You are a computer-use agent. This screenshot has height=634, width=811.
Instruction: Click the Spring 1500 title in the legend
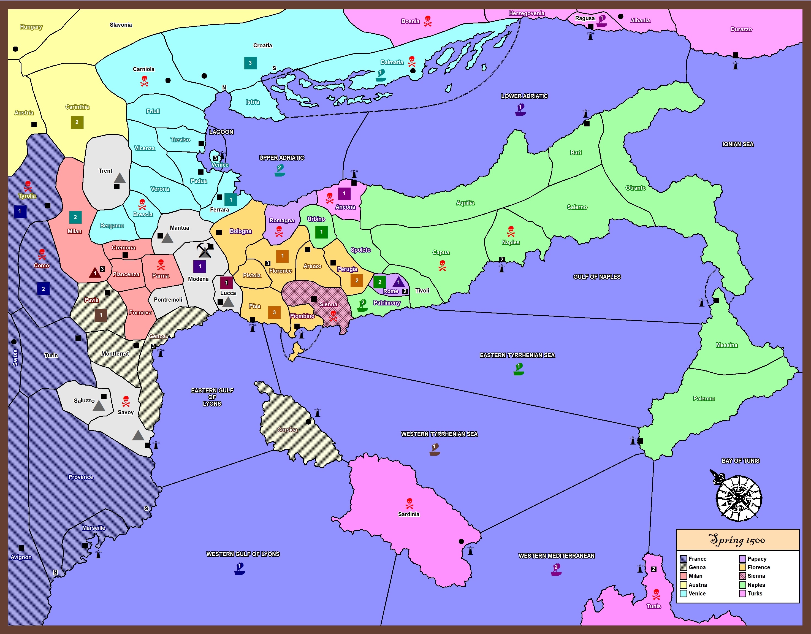coord(737,540)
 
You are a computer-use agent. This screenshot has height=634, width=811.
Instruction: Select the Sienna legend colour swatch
coord(742,576)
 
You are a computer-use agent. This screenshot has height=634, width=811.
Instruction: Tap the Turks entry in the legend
coord(755,594)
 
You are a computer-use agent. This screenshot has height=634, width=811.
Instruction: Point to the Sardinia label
coord(408,514)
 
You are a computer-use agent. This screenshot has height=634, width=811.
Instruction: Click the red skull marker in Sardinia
coord(409,503)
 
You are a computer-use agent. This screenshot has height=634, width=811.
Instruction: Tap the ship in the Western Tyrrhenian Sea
coord(435,449)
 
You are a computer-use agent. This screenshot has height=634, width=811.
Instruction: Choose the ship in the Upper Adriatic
coord(280,170)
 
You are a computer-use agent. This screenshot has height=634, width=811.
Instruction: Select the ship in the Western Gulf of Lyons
coord(240,569)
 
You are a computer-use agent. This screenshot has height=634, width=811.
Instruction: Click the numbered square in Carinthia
coord(77,122)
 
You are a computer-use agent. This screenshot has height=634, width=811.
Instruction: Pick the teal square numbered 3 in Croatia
coord(250,63)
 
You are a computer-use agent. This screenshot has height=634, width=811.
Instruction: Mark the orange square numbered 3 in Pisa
coord(274,312)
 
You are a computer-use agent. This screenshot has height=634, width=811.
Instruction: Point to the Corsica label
coord(287,430)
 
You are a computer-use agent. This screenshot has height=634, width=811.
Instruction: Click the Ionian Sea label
coord(738,145)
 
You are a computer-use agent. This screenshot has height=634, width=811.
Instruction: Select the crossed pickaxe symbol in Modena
coord(204,250)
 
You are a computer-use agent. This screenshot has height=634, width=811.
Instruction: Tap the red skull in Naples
coord(511,231)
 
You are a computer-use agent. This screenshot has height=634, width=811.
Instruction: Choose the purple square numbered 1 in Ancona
coord(344,194)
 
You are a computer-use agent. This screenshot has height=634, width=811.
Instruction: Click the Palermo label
coord(704,399)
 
